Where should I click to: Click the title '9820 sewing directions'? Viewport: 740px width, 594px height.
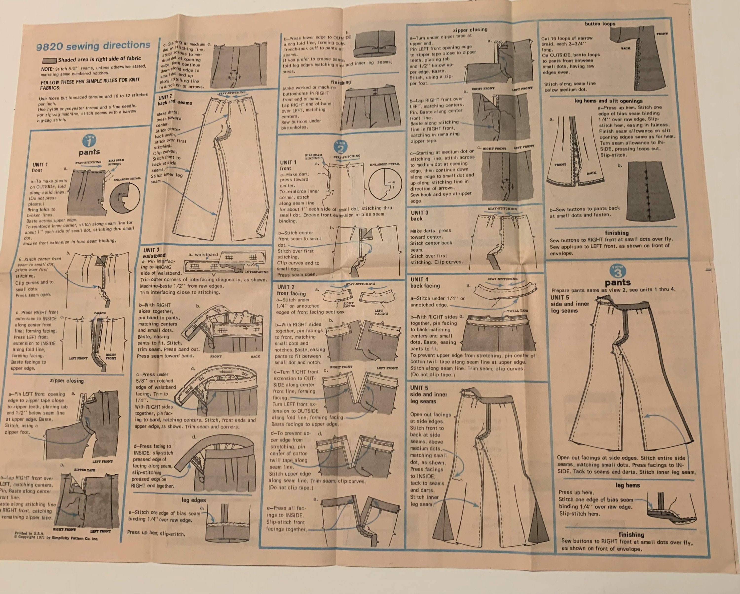(93, 46)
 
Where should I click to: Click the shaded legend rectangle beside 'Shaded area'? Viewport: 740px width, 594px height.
(49, 61)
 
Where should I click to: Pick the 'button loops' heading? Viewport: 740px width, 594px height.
(600, 24)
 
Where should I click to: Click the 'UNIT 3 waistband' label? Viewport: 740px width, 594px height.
(154, 253)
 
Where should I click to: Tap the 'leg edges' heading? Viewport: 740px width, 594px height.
(194, 500)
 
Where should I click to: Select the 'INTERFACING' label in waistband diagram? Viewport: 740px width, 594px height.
(256, 272)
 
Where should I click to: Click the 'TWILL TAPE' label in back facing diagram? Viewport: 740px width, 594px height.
(517, 310)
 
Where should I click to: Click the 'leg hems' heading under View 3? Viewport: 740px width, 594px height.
(628, 485)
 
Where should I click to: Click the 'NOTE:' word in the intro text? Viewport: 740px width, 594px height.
(47, 69)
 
